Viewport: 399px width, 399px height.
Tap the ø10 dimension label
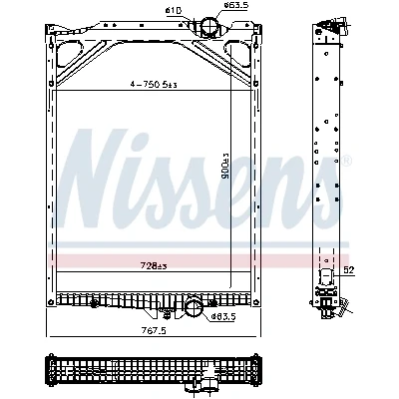[173, 11]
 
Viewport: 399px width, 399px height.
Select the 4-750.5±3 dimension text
[154, 85]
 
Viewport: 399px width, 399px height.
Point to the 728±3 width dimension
[154, 266]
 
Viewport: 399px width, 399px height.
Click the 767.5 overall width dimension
[154, 331]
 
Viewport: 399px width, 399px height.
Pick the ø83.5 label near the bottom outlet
[223, 317]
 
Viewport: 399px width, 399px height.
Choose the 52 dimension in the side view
[348, 270]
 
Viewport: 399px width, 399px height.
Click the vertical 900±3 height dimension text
[226, 167]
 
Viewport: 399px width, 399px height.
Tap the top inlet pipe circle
[209, 25]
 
